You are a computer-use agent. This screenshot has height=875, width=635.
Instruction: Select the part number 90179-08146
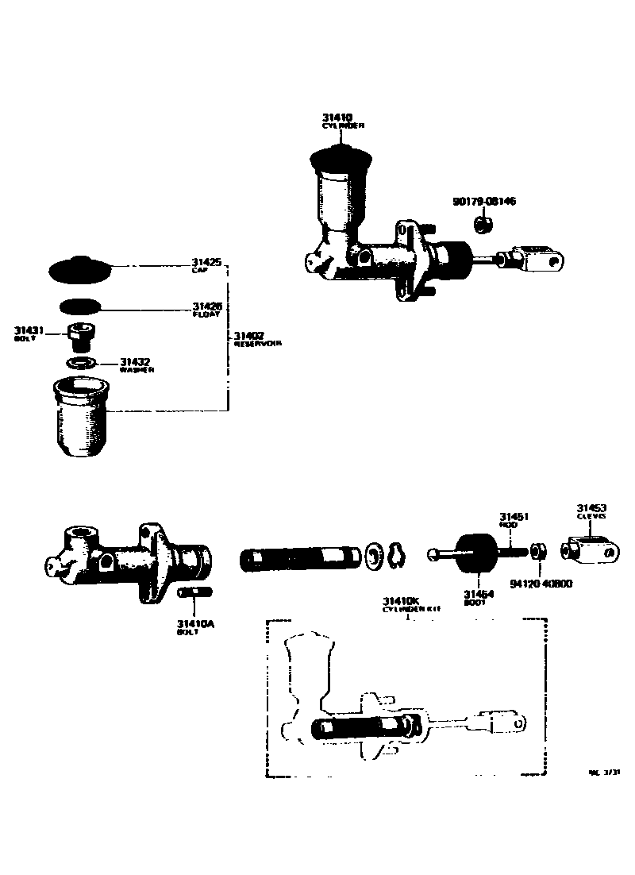pyautogui.click(x=484, y=202)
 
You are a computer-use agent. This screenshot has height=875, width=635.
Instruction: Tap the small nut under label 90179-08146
pyautogui.click(x=480, y=225)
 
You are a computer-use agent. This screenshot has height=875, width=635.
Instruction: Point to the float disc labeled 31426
pyautogui.click(x=80, y=306)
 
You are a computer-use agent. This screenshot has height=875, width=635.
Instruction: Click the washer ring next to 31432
pyautogui.click(x=81, y=363)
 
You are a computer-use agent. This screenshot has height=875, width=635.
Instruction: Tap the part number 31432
pyautogui.click(x=135, y=362)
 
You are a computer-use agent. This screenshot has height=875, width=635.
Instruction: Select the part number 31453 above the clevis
pyautogui.click(x=591, y=507)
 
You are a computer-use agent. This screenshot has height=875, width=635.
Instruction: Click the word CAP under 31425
pyautogui.click(x=198, y=271)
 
